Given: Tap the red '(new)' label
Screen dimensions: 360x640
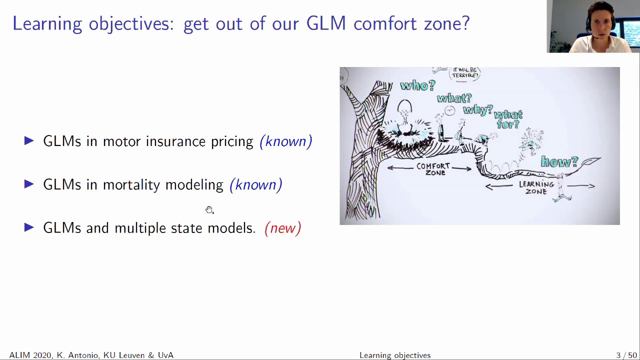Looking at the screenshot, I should pyautogui.click(x=282, y=228).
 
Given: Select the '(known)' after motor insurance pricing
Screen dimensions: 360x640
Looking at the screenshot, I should pyautogui.click(x=285, y=141).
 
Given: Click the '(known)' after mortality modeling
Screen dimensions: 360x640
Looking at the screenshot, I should pyautogui.click(x=255, y=185).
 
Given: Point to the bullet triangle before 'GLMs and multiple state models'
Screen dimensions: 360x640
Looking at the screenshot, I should pyautogui.click(x=29, y=228).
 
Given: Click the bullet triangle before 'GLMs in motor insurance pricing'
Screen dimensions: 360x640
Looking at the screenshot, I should pyautogui.click(x=29, y=141).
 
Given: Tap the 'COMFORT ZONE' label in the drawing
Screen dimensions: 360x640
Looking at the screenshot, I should pyautogui.click(x=433, y=169).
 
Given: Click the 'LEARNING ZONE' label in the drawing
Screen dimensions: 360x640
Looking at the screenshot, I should pyautogui.click(x=536, y=187).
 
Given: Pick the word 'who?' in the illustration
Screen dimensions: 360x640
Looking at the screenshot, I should pyautogui.click(x=417, y=85).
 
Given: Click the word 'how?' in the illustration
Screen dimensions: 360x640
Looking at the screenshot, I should pyautogui.click(x=559, y=161).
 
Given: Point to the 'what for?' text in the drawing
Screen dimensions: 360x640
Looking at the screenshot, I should pyautogui.click(x=508, y=119).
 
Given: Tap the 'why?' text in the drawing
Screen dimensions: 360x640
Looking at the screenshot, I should pyautogui.click(x=477, y=109).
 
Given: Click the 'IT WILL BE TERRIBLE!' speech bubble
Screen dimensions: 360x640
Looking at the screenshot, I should pyautogui.click(x=465, y=73).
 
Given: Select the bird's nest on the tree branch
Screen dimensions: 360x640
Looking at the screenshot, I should pyautogui.click(x=405, y=133).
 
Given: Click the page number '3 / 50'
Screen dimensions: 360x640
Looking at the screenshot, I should pyautogui.click(x=626, y=355).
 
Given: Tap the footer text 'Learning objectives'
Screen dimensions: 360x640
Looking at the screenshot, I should pyautogui.click(x=394, y=355).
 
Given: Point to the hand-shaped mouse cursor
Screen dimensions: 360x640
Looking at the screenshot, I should pyautogui.click(x=209, y=209).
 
